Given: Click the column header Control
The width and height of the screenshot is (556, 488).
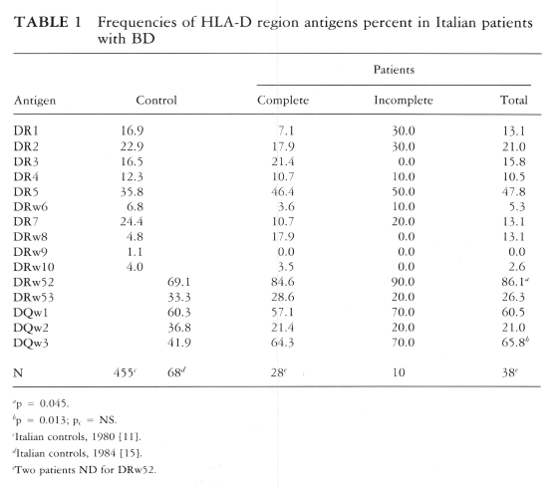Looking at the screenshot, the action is point(156,101).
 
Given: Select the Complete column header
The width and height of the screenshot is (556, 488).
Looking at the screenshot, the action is point(283,101).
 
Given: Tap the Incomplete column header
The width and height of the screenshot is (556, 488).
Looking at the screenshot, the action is point(404,101).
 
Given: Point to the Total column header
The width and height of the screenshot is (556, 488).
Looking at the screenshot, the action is point(514,101).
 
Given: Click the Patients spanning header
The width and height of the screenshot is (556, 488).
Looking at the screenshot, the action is point(394,70).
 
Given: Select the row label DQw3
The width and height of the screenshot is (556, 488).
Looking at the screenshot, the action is point(31,343).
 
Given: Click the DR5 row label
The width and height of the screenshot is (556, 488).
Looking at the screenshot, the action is point(26,192).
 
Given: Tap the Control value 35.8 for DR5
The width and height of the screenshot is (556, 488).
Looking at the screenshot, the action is point(132,192).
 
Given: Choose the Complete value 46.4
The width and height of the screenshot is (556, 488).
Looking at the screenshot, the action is point(283,192).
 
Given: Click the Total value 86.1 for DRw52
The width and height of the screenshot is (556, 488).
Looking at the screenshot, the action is point(513,282).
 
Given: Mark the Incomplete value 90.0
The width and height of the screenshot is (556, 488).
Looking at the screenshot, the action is point(404,282).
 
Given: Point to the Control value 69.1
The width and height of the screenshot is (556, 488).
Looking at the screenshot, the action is point(179,282).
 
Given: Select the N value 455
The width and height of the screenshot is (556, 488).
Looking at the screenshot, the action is point(124,372).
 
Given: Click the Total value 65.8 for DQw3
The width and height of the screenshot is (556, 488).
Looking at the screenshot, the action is point(513,343).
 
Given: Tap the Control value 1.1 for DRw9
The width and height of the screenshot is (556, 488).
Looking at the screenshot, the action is point(135,252).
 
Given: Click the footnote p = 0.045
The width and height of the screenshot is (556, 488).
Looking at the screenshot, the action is point(41,403).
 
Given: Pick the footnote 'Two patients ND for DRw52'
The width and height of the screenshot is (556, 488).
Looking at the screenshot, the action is point(85,470).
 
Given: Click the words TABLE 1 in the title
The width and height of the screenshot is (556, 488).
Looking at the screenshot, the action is point(48,22).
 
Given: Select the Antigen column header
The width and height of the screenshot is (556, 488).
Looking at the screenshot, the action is point(35,101).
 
